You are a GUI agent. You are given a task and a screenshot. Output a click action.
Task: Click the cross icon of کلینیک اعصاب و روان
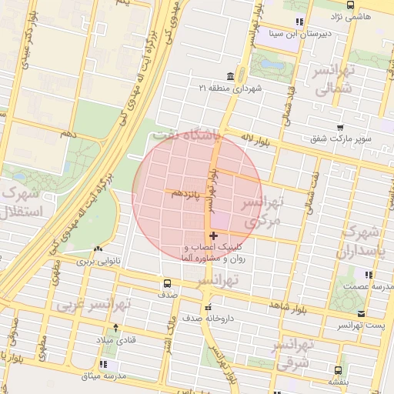(213, 235)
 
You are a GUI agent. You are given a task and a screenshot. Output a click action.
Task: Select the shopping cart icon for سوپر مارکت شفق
(339, 127)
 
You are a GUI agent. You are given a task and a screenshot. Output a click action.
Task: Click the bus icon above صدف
(168, 282)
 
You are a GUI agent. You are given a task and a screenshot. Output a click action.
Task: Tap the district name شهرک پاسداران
(360, 240)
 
